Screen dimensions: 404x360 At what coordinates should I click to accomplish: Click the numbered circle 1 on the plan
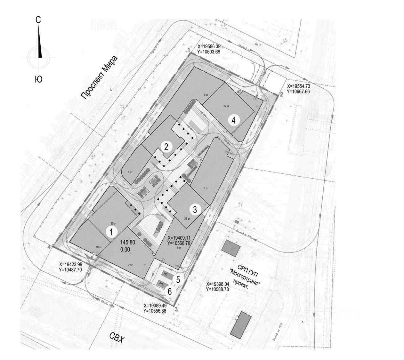[111, 232]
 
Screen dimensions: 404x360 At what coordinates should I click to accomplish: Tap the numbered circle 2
[166, 147]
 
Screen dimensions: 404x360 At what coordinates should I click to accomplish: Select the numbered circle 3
[195, 210]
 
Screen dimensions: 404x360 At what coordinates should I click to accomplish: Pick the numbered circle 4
[234, 120]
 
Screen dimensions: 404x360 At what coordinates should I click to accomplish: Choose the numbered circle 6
[170, 291]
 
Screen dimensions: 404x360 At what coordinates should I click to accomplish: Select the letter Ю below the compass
[38, 79]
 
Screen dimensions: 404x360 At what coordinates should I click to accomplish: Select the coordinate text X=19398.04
[220, 284]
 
